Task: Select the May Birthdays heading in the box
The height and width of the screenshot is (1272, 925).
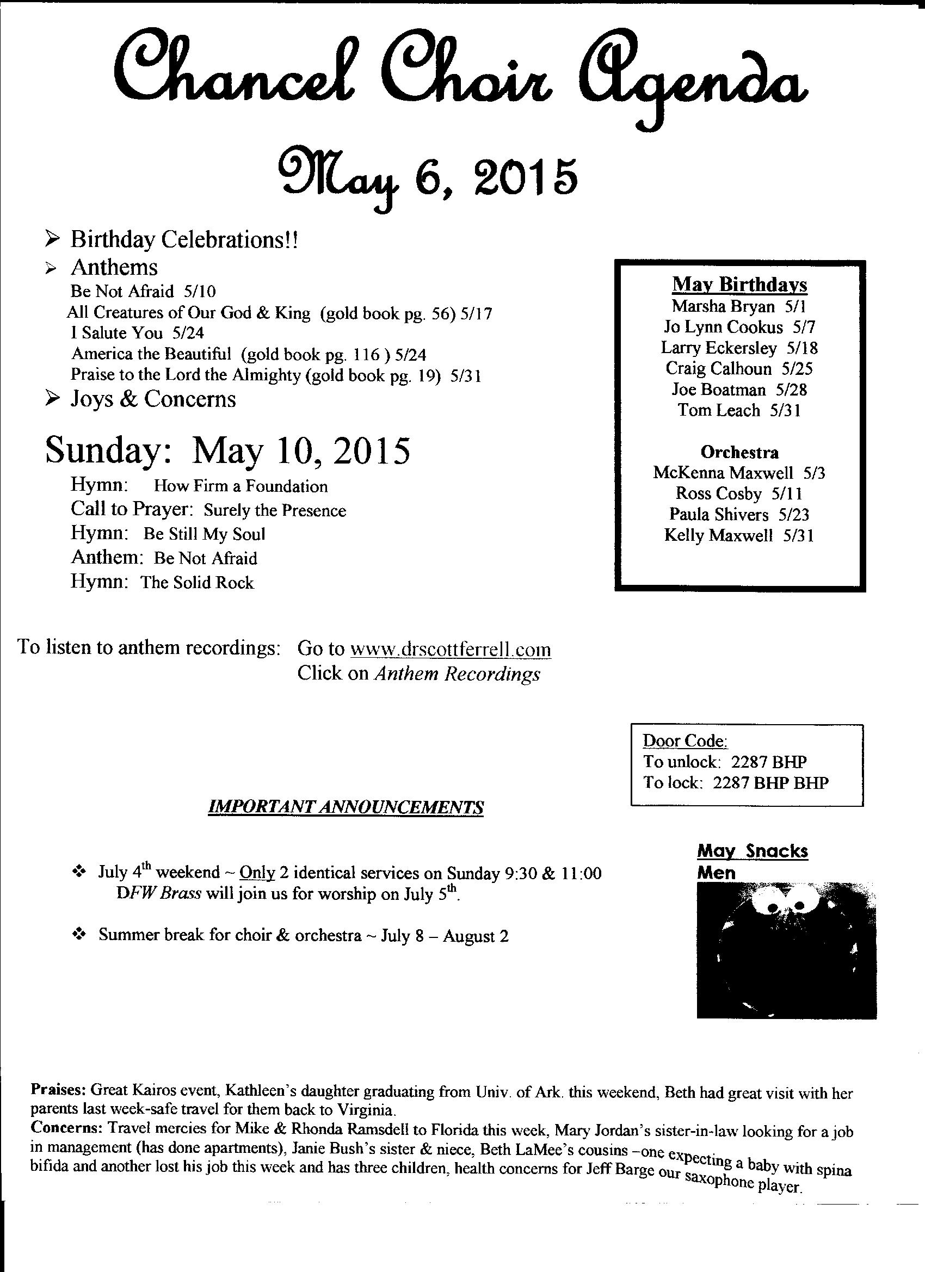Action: (739, 285)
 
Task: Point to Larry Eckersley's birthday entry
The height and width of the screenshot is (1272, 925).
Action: (739, 348)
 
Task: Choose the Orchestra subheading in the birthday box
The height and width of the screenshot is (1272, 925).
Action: (739, 452)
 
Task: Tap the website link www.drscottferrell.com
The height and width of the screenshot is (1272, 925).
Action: (451, 649)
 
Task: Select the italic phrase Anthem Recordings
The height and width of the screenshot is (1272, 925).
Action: (457, 674)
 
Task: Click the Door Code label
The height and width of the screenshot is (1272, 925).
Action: (685, 741)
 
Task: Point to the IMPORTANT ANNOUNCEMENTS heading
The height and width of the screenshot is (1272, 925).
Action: (346, 807)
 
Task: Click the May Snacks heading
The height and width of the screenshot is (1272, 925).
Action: (752, 851)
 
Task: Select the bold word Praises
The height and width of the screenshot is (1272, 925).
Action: (58, 1091)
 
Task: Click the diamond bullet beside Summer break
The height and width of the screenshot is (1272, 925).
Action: (78, 934)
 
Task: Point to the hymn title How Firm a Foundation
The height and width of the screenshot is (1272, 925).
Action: (240, 486)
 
